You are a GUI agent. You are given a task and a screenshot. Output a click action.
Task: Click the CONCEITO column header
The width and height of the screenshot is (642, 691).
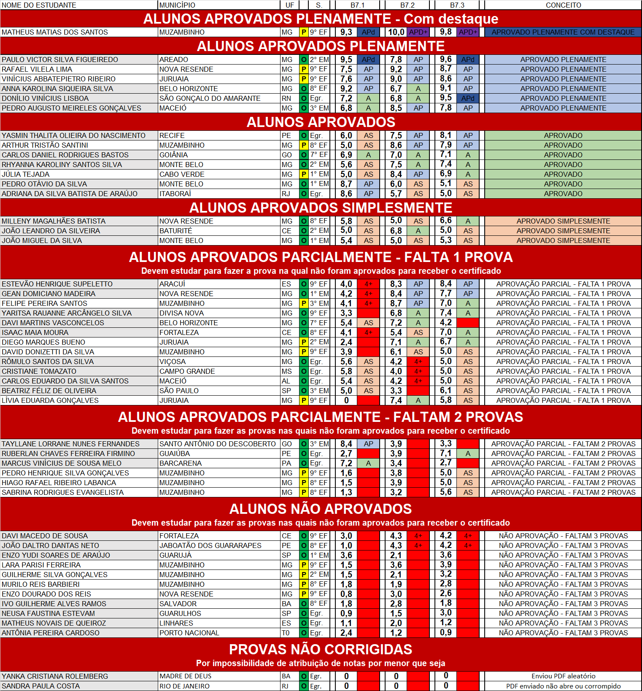(563, 5)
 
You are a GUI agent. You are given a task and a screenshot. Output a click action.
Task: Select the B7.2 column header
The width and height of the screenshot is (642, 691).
(407, 5)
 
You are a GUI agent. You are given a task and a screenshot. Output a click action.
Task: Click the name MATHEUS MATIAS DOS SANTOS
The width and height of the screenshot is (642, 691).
(55, 32)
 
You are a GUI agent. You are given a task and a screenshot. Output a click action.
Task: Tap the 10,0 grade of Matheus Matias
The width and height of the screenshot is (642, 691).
(396, 32)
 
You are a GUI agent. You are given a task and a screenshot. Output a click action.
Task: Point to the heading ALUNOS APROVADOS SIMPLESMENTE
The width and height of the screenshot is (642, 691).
(321, 208)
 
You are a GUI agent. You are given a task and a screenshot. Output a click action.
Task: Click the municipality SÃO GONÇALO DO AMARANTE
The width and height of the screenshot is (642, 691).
(210, 98)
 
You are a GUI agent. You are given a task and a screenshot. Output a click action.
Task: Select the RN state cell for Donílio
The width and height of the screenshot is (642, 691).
(286, 98)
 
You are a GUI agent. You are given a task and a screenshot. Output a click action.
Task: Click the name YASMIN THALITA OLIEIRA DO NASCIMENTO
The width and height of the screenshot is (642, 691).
(73, 135)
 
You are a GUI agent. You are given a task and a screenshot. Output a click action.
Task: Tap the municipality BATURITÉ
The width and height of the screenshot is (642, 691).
(175, 231)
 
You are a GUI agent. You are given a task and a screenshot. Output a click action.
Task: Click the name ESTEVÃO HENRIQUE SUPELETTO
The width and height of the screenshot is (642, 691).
(57, 284)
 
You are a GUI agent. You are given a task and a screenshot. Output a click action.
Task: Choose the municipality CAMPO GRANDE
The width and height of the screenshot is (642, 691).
(187, 371)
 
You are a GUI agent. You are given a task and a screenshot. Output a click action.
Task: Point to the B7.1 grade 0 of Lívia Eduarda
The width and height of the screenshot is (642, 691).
(346, 400)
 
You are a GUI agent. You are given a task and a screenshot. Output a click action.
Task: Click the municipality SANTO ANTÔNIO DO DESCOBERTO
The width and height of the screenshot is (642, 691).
(217, 444)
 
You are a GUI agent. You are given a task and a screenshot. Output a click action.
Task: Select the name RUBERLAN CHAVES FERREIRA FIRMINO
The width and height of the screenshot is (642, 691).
(68, 453)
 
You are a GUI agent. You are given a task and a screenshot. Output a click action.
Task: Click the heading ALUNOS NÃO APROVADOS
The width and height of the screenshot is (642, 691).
(321, 509)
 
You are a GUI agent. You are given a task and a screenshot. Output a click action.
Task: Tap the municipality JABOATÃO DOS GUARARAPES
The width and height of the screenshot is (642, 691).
(210, 545)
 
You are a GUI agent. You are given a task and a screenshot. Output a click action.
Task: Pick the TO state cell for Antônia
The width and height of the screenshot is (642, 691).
(286, 633)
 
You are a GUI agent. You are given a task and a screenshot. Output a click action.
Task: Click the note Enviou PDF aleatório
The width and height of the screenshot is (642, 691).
(563, 676)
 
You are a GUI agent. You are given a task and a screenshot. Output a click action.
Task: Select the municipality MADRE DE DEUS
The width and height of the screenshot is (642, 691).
(185, 676)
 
